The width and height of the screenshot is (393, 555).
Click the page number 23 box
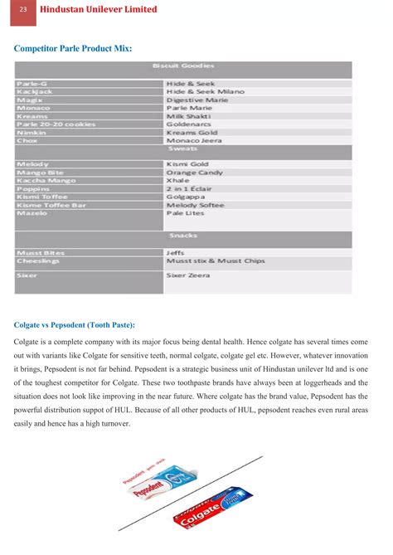point(23,9)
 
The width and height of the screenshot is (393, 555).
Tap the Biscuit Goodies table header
point(183,66)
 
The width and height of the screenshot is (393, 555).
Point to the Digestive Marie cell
point(196,100)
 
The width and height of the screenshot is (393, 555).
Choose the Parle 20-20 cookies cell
point(56,124)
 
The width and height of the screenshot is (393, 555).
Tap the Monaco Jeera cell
point(195,139)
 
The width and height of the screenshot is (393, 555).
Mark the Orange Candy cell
point(194,172)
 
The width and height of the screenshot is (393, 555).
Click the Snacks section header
point(183,236)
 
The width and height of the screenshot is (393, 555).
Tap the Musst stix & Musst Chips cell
point(215,260)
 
